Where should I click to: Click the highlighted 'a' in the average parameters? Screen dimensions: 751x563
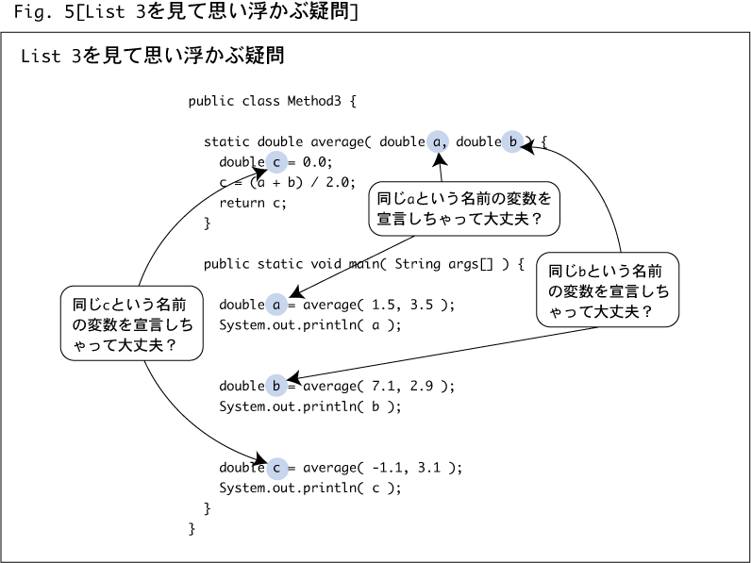437,141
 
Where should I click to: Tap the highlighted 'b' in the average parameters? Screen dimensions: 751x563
512,141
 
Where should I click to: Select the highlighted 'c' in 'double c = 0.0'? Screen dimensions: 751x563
276,162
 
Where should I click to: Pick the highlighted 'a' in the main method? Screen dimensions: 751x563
276,305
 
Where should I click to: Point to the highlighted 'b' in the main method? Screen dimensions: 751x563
276,386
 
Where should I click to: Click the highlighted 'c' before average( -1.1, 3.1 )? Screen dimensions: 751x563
276,468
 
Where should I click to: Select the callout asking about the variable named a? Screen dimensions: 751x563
464,208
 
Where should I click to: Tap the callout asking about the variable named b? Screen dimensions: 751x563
608,290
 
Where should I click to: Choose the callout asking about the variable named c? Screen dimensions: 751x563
132,323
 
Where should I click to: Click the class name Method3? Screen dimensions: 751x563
314,101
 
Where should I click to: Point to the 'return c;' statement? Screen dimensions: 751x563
253,203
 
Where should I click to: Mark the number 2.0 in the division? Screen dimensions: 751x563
341,182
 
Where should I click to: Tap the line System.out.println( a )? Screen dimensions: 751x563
310,325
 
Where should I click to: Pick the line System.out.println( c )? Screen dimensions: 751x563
310,488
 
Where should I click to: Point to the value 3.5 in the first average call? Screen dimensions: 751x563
422,305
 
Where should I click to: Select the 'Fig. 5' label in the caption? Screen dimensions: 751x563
43,11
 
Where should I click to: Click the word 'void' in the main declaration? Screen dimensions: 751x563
325,264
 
